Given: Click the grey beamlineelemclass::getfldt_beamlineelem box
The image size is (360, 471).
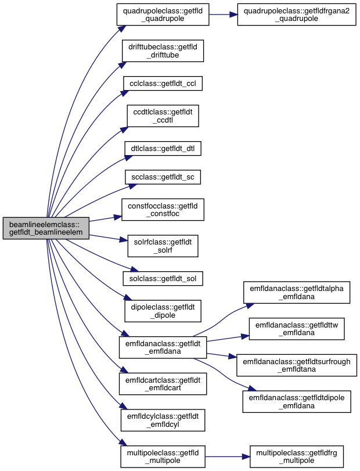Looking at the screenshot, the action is pyautogui.click(x=46, y=228).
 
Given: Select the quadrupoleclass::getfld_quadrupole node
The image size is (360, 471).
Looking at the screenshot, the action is pyautogui.click(x=163, y=15).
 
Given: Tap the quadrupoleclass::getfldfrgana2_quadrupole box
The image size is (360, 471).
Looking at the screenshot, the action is pyautogui.click(x=297, y=15).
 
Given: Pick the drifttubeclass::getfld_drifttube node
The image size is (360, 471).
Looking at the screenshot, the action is pyautogui.click(x=163, y=51).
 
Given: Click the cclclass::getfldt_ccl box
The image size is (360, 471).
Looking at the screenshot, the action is pyautogui.click(x=163, y=83).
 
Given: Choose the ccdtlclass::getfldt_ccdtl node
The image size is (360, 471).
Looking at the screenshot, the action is pyautogui.click(x=163, y=116).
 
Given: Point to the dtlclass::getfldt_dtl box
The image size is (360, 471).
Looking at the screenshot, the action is pyautogui.click(x=163, y=149).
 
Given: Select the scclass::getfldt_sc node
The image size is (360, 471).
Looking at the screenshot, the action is pyautogui.click(x=163, y=177).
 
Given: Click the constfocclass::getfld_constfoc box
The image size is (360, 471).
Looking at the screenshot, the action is pyautogui.click(x=163, y=210).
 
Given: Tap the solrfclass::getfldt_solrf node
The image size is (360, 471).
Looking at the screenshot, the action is pyautogui.click(x=163, y=246).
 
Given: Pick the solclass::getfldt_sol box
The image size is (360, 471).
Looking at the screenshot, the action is pyautogui.click(x=163, y=279).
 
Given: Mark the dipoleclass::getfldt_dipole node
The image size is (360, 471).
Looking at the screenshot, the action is pyautogui.click(x=163, y=311).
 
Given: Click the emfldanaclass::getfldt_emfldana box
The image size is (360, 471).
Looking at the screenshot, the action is pyautogui.click(x=163, y=347).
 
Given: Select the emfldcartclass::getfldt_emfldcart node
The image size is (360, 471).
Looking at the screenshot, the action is pyautogui.click(x=163, y=384).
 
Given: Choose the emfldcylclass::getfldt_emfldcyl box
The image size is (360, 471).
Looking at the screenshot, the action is pyautogui.click(x=163, y=420).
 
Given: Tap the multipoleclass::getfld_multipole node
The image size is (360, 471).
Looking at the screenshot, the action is pyautogui.click(x=163, y=456).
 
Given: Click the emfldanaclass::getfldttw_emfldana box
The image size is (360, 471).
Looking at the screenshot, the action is pyautogui.click(x=297, y=329).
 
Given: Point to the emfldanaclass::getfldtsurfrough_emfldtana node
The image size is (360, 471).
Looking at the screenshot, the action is pyautogui.click(x=297, y=365).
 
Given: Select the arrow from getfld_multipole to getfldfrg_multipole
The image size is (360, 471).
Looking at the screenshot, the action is pyautogui.click(x=228, y=457).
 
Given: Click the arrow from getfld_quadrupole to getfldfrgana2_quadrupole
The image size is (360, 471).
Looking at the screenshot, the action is pyautogui.click(x=223, y=15).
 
